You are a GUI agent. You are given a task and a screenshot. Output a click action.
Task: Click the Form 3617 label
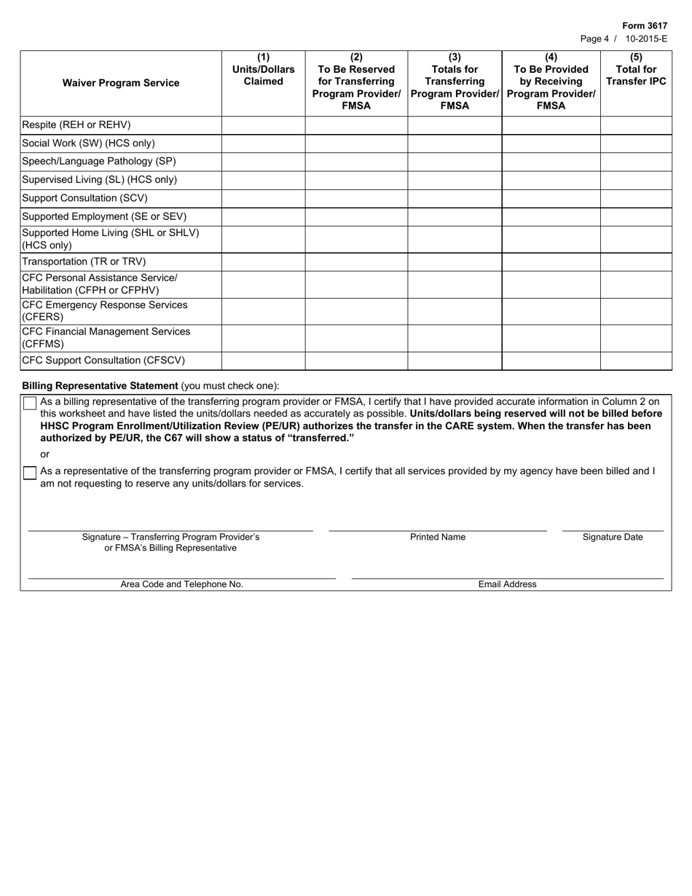pos(644,25)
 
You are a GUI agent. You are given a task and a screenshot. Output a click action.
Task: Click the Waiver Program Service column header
pos(121,83)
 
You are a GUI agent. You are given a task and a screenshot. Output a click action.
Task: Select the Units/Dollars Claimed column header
pos(263,70)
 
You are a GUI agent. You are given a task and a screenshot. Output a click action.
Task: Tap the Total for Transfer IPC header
pos(636,70)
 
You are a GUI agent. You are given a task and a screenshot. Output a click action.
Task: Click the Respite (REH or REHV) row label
pos(76,125)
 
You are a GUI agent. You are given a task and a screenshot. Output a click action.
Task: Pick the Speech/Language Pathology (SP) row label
pos(99,162)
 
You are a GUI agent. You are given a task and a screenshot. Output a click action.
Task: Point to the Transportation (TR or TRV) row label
pos(84,262)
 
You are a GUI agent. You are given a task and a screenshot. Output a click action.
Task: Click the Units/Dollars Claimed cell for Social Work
pos(263,144)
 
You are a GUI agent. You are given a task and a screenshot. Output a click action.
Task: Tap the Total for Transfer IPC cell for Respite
pos(636,125)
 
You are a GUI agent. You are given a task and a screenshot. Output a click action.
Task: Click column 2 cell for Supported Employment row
pos(356,216)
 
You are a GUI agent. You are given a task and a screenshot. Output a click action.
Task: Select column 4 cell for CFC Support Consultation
pos(551,361)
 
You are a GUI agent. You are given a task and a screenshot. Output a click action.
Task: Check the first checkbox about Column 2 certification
pos(30,403)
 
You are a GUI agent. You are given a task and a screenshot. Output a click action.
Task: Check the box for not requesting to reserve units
pos(30,473)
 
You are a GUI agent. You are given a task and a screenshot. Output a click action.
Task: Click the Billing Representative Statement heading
pos(101,386)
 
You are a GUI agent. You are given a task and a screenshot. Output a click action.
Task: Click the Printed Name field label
pos(437,538)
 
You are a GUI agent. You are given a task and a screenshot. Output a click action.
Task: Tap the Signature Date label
pos(613,538)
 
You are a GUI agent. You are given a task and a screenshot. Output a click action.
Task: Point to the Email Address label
pos(507,584)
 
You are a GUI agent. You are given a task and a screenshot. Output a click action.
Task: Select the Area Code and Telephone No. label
pos(181,584)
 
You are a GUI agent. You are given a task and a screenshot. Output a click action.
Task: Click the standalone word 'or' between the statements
pos(45,455)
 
